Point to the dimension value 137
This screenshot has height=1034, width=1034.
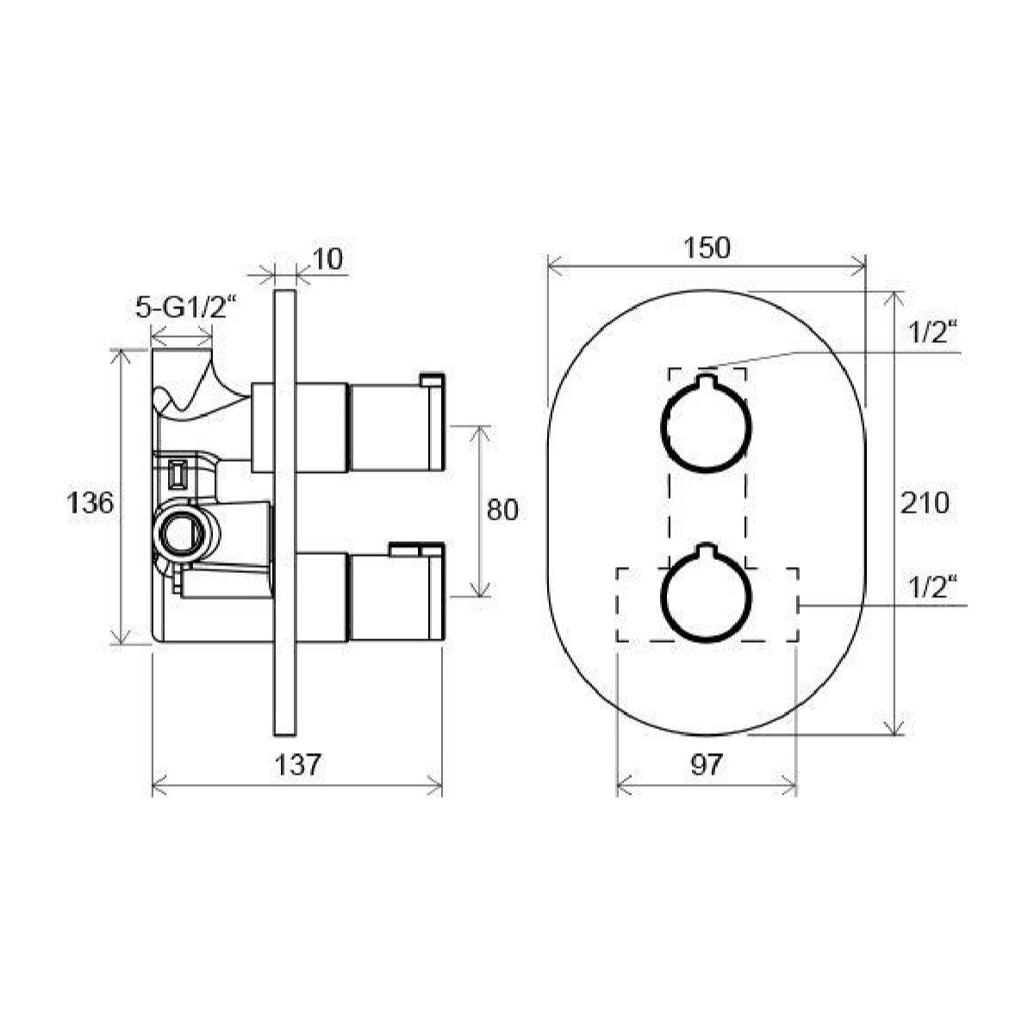tap(298, 763)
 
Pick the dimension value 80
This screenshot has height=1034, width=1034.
tap(502, 510)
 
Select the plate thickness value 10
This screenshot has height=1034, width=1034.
tap(328, 258)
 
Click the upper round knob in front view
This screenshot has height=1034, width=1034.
tap(707, 426)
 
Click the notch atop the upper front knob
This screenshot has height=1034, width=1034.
tap(707, 382)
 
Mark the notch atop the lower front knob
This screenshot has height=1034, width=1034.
tap(707, 551)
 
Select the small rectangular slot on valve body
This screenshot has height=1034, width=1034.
tap(179, 473)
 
